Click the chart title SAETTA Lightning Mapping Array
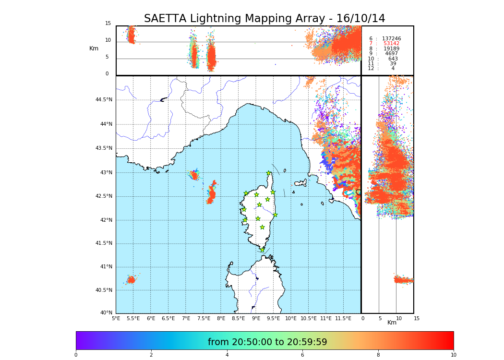pyautogui.click(x=264, y=19)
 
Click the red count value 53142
pyautogui.click(x=391, y=44)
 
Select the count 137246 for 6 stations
pyautogui.click(x=391, y=38)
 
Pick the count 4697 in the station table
pyautogui.click(x=391, y=54)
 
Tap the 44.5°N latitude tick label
pyautogui.click(x=104, y=100)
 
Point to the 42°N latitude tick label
pyautogui.click(x=106, y=220)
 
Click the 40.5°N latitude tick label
pyautogui.click(x=104, y=290)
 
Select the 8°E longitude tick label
pyautogui.click(x=221, y=318)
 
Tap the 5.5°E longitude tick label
pyautogui.click(x=133, y=318)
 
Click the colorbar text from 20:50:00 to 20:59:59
pyautogui.click(x=267, y=342)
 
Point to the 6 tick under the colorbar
pyautogui.click(x=302, y=355)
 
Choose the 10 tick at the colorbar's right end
pyautogui.click(x=453, y=355)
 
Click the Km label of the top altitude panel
pyautogui.click(x=94, y=48)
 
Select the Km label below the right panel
pyautogui.click(x=392, y=323)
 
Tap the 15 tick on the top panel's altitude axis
pyautogui.click(x=108, y=24)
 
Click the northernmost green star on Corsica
pyautogui.click(x=269, y=173)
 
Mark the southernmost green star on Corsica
pyautogui.click(x=262, y=250)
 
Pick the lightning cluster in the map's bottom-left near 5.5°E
pyautogui.click(x=131, y=279)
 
